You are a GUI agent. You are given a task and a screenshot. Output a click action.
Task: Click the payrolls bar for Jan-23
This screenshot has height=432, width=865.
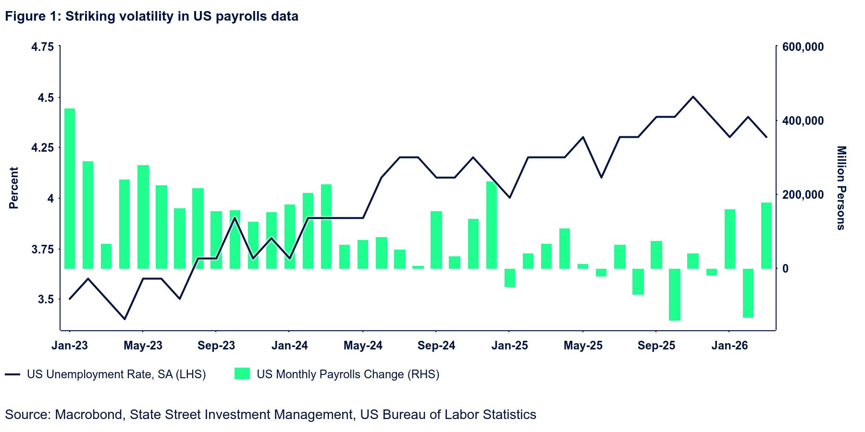tap(70, 188)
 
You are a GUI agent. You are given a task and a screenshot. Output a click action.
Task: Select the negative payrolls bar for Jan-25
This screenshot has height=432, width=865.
tap(510, 278)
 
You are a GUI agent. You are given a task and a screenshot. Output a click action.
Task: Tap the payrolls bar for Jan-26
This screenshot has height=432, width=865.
tap(730, 239)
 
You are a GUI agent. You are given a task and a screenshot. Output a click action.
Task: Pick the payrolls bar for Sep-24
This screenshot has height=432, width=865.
tap(436, 240)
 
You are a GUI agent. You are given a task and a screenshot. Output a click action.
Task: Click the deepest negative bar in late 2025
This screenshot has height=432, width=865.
tap(675, 294)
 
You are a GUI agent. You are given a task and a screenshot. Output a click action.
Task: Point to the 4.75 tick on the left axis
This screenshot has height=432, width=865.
tap(42, 47)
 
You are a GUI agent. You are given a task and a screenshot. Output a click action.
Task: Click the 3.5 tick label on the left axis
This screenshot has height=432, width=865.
tap(46, 300)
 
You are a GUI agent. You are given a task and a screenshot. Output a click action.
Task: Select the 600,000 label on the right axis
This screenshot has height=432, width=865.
tap(803, 47)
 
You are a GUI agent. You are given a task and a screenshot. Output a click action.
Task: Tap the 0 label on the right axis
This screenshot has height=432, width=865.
tap(785, 269)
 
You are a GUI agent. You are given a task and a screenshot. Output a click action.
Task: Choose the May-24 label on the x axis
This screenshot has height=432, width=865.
tap(363, 346)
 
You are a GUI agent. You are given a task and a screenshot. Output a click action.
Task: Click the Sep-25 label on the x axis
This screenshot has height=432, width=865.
tap(656, 346)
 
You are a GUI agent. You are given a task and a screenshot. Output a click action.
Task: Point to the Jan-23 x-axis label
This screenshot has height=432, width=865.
tap(70, 346)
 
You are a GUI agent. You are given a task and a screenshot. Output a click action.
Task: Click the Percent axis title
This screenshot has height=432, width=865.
tap(14, 188)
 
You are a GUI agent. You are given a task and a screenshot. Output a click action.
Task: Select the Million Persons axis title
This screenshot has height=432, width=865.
tap(840, 188)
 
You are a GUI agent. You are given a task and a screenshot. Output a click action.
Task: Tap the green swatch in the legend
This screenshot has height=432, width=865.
tap(242, 374)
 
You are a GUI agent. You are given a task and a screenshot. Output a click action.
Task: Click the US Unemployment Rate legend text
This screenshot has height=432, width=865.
tap(116, 374)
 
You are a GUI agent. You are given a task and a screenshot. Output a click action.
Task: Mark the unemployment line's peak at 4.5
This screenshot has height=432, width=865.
tap(693, 96)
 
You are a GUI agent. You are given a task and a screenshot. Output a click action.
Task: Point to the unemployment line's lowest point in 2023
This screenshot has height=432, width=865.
tap(125, 319)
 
